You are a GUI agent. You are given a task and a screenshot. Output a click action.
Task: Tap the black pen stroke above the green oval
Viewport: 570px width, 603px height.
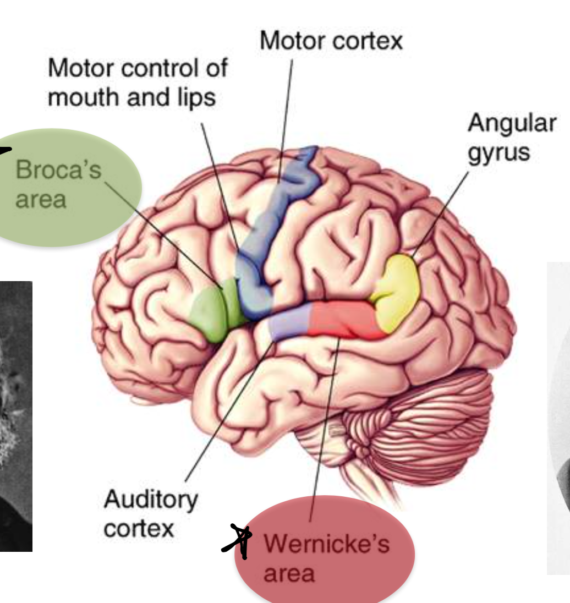(7, 147)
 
